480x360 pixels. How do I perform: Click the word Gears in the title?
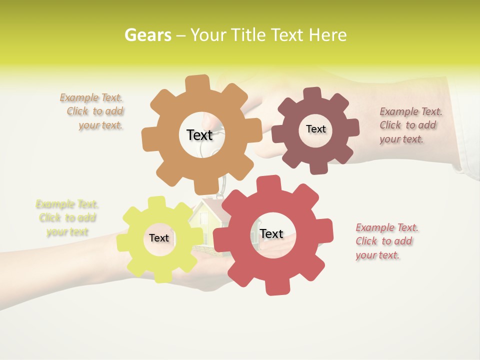click(x=147, y=35)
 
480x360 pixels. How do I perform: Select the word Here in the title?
click(x=327, y=35)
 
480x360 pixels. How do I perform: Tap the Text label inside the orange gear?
click(x=199, y=135)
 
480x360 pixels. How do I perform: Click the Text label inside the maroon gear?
click(x=315, y=129)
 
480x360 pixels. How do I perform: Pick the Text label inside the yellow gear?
click(x=159, y=238)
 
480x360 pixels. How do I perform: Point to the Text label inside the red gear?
click(x=271, y=233)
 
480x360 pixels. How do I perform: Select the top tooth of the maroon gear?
click(x=312, y=93)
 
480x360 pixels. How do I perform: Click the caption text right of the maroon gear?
click(x=410, y=125)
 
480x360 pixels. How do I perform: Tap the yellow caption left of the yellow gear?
click(x=67, y=218)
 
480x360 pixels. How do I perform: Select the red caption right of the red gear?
click(x=386, y=241)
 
